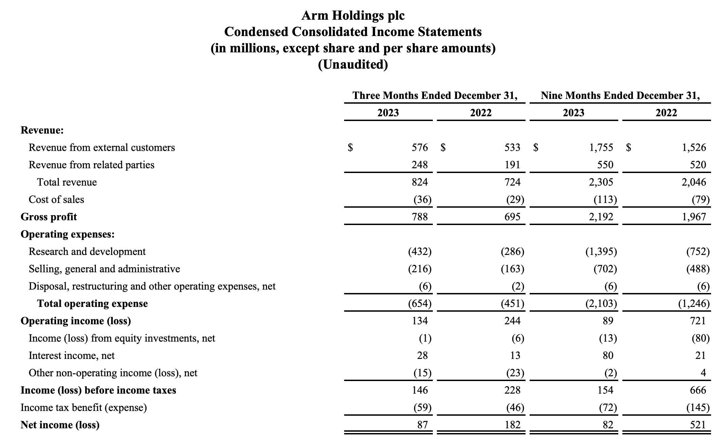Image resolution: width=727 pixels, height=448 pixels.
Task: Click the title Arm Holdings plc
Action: pos(353,15)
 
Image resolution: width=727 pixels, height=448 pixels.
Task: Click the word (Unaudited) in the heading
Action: pos(353,64)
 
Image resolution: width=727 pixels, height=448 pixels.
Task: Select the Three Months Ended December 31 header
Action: pos(435,96)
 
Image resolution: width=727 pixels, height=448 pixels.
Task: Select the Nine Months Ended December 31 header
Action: pos(620,96)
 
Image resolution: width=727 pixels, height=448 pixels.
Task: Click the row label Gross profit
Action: pos(49,217)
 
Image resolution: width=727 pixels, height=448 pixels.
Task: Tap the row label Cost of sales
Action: pos(56,200)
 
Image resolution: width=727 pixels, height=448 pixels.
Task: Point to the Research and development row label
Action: pos(87,252)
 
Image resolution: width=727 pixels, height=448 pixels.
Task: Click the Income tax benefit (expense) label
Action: pos(84,408)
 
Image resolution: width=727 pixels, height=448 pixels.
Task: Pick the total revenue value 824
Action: pos(420,182)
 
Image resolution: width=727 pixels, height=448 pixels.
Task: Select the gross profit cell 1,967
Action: pos(694,217)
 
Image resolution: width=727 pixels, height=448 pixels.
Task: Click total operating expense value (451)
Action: pos(512,304)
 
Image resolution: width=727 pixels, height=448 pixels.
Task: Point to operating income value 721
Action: pos(698,321)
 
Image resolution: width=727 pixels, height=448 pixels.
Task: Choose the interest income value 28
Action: pos(422,356)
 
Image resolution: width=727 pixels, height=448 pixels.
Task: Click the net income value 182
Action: pos(512,425)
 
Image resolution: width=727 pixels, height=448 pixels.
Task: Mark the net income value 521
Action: pos(698,425)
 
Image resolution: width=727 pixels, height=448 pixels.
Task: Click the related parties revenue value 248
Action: pos(420,165)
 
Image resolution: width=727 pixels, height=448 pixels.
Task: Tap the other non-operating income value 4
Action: pos(703,373)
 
